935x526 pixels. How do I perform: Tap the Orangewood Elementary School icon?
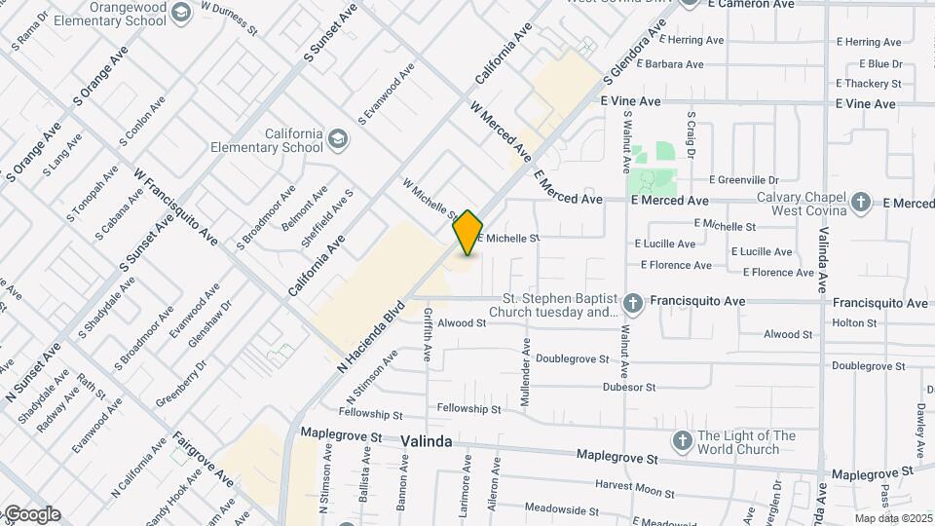point(180,12)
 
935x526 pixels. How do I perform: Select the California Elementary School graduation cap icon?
point(338,139)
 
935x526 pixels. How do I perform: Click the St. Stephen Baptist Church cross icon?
point(633,303)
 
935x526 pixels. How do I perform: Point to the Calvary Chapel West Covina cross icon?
point(860,203)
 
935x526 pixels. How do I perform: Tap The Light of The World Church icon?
point(682,442)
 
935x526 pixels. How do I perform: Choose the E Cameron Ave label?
point(752,5)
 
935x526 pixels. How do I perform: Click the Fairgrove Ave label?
point(204,460)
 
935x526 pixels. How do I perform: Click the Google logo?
point(31,514)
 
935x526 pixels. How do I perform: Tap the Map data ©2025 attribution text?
point(893,518)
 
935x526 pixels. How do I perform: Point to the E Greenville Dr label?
point(744,180)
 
